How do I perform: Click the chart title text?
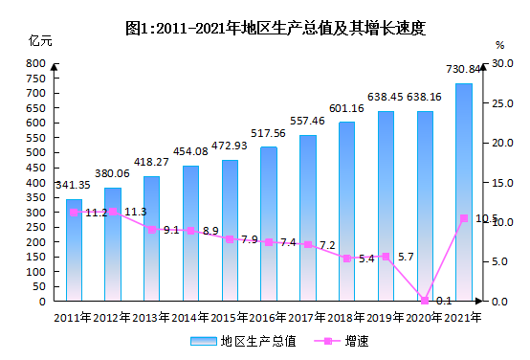[276, 28]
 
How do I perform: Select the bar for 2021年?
[464, 192]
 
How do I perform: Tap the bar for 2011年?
[74, 250]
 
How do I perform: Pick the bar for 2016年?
[269, 224]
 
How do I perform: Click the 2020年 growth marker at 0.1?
[425, 300]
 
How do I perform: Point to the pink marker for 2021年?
[464, 218]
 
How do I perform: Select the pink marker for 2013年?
[152, 230]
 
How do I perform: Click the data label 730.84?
[463, 69]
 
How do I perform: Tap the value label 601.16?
[346, 108]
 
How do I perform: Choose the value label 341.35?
[73, 185]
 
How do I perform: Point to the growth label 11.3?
[136, 212]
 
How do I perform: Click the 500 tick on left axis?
[35, 152]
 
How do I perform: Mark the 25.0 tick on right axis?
[502, 103]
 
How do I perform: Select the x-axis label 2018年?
[345, 318]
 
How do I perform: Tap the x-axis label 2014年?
[190, 318]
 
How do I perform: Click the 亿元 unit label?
[40, 41]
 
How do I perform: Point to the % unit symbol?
[500, 45]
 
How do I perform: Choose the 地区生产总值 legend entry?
[243, 341]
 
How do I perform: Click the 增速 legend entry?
[341, 341]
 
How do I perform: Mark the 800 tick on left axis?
[35, 63]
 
